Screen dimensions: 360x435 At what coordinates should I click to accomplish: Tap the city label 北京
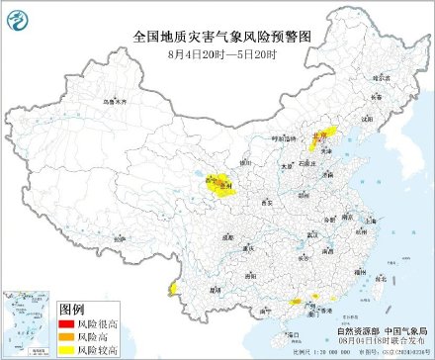click(318, 138)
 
